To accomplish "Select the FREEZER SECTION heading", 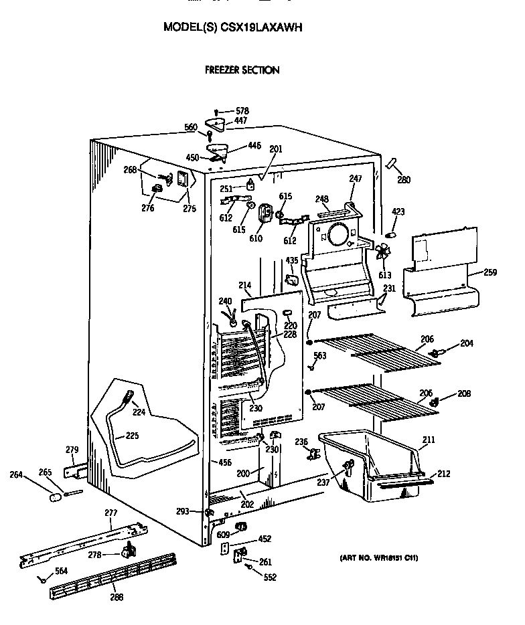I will point(242,70).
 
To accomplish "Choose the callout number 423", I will point(398,213).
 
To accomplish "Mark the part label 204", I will point(467,344).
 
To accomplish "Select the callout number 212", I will point(444,474).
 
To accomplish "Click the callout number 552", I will point(269,577).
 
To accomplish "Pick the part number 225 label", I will point(132,436).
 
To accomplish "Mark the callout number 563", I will point(320,356).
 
